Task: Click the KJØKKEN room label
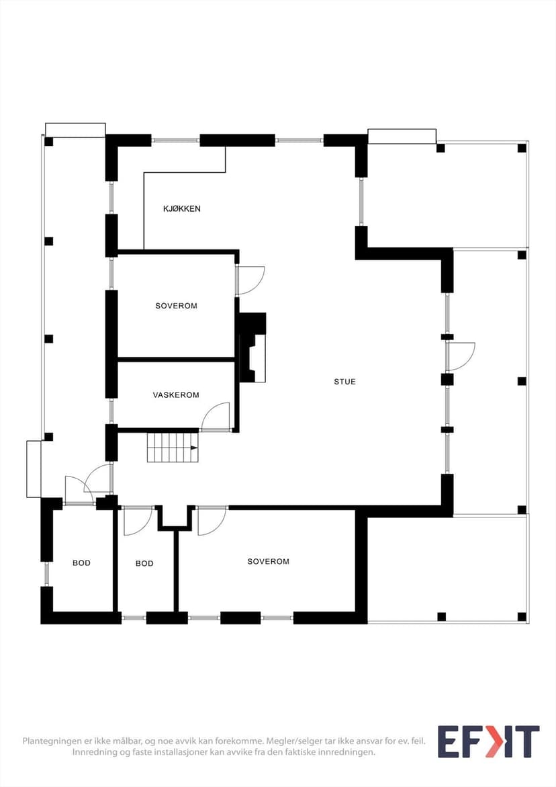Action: (181, 209)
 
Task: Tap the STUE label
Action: (345, 382)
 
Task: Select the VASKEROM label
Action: (176, 395)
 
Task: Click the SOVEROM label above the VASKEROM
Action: (176, 306)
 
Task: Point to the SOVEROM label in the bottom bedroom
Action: (268, 562)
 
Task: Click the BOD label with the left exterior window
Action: (81, 563)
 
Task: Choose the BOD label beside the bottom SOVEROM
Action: (144, 564)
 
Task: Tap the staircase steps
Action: (173, 447)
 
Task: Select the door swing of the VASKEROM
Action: (216, 417)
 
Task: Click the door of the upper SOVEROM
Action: (250, 280)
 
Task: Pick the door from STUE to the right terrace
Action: (461, 357)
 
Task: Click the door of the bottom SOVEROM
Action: (212, 521)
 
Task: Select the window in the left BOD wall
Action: (46, 574)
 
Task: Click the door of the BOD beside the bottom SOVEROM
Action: (138, 521)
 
